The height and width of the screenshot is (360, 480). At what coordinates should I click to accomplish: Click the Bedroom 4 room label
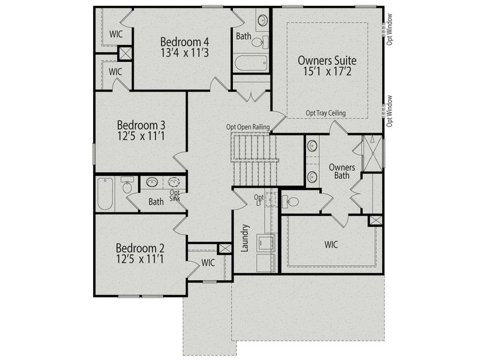click(185, 41)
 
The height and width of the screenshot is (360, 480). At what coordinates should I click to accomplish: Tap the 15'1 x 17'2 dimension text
click(327, 73)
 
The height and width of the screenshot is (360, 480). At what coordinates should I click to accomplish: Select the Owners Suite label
click(327, 61)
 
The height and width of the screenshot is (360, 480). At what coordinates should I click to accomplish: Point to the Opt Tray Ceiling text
click(327, 113)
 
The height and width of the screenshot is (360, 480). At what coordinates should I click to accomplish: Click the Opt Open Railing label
click(247, 127)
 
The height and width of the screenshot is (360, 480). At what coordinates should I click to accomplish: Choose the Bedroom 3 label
click(141, 125)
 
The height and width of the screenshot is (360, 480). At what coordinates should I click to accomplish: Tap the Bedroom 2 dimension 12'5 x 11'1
click(140, 259)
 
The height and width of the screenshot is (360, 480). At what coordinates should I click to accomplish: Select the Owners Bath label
click(341, 171)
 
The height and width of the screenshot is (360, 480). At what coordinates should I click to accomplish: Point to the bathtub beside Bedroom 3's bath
click(106, 193)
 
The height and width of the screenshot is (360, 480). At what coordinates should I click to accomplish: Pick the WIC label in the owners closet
click(332, 245)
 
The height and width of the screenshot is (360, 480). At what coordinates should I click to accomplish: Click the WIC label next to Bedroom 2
click(208, 262)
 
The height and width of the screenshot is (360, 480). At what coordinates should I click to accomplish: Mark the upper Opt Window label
click(389, 30)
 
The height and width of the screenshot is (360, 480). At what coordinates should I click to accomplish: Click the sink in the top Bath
click(262, 21)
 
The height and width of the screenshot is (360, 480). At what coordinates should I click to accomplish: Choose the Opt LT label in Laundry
click(259, 200)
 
